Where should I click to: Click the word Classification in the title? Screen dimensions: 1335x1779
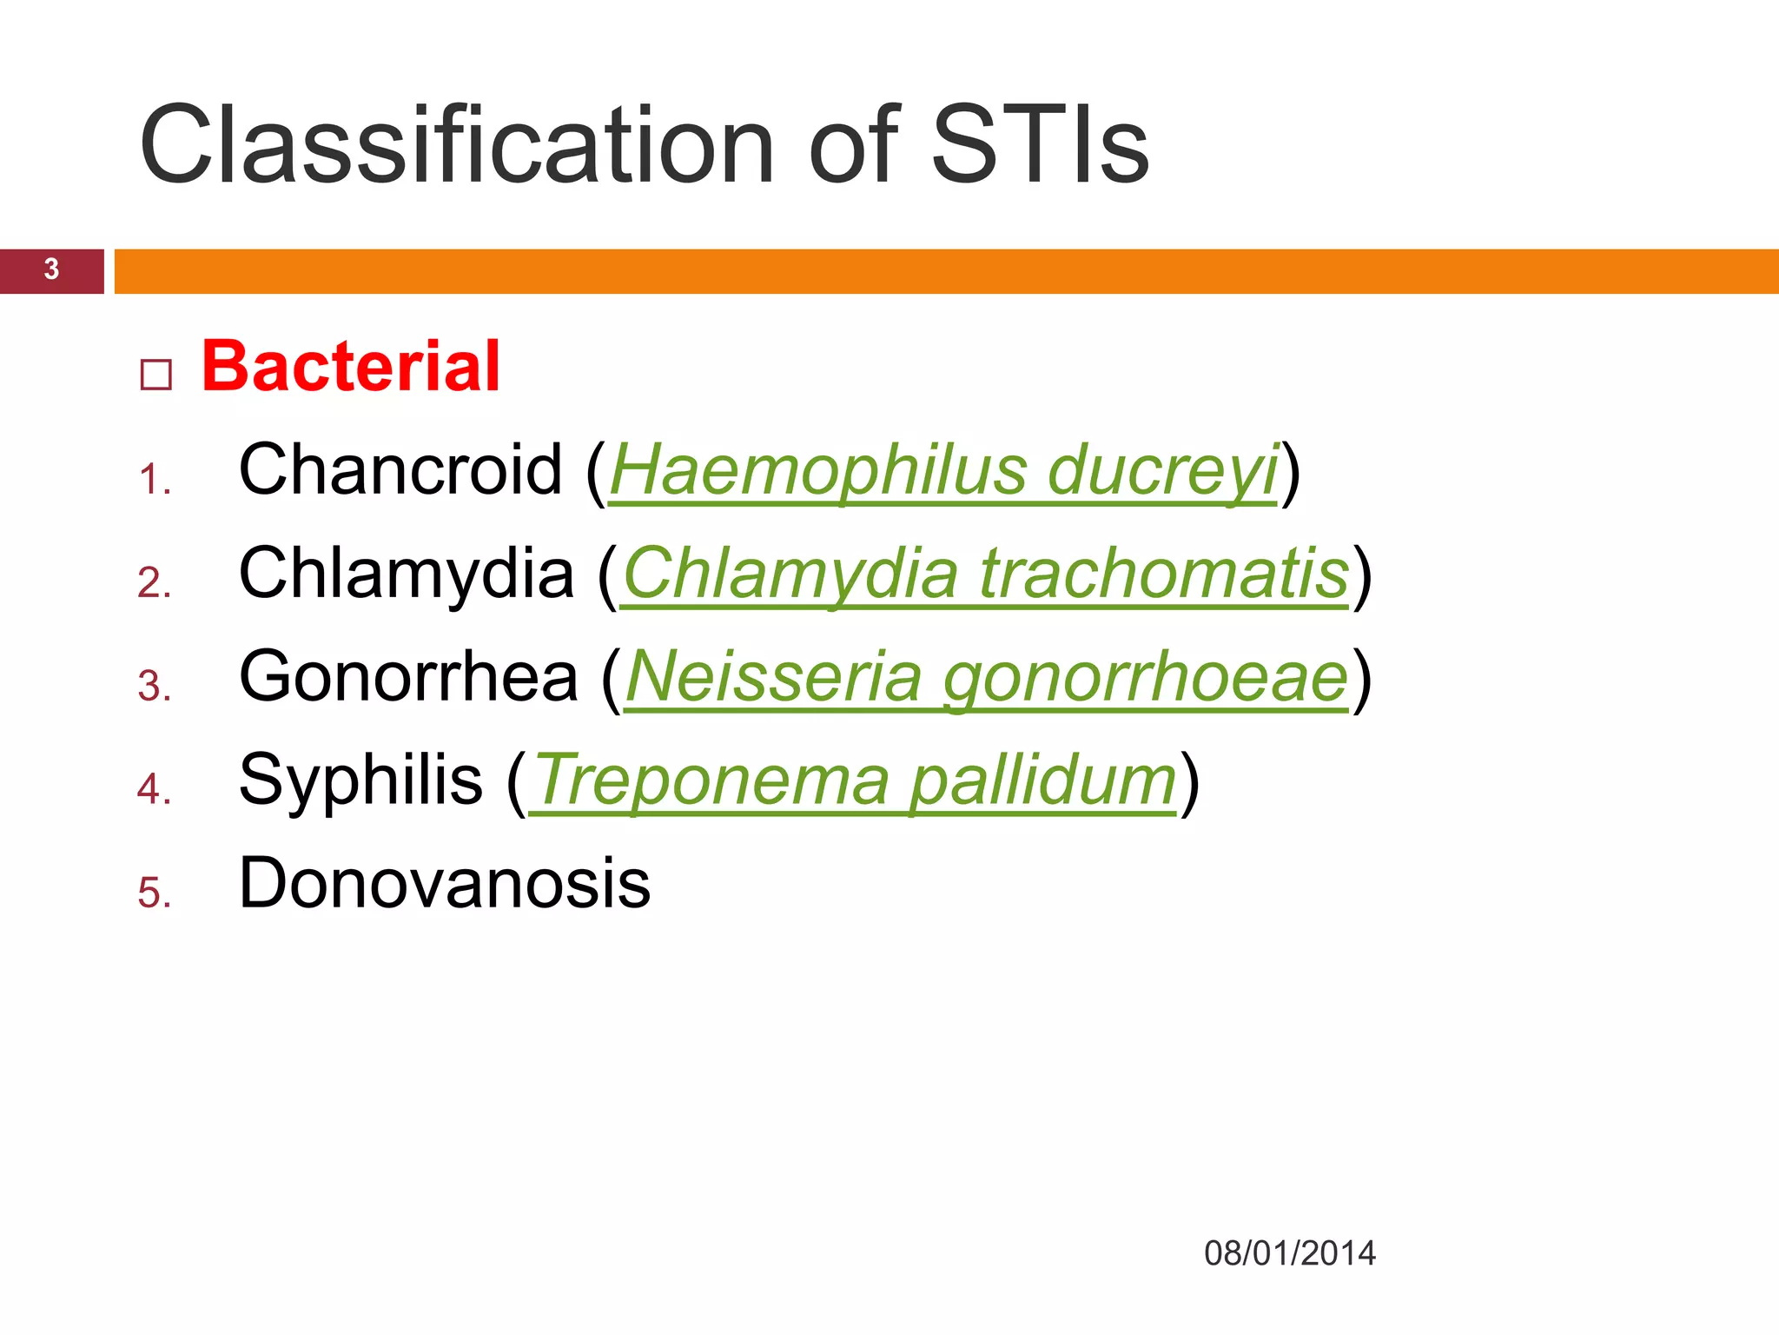click(x=456, y=145)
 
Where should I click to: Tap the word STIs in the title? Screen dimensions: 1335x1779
click(x=1040, y=145)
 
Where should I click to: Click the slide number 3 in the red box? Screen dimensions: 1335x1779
click(x=51, y=269)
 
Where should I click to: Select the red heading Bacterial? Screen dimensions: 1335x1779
click(x=350, y=367)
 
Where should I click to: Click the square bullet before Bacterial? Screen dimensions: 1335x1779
click(x=156, y=375)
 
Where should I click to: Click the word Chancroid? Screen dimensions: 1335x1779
click(x=400, y=470)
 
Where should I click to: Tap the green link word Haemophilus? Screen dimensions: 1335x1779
click(x=818, y=470)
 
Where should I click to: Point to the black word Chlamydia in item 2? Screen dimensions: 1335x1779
click(x=407, y=574)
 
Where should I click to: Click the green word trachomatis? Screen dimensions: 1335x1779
click(x=1164, y=574)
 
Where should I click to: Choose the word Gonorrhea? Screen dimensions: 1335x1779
click(x=408, y=677)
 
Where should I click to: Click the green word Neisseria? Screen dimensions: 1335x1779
click(x=773, y=677)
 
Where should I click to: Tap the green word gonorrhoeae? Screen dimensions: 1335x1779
click(x=1146, y=677)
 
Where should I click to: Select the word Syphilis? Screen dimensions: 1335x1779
click(x=360, y=780)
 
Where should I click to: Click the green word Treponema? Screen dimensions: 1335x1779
click(x=711, y=780)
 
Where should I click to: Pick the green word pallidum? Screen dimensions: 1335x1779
click(x=1042, y=780)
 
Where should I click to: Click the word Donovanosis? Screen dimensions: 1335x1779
click(x=444, y=883)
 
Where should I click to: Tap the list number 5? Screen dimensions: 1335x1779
click(x=154, y=893)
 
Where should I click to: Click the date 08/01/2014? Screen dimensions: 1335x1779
click(x=1289, y=1253)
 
